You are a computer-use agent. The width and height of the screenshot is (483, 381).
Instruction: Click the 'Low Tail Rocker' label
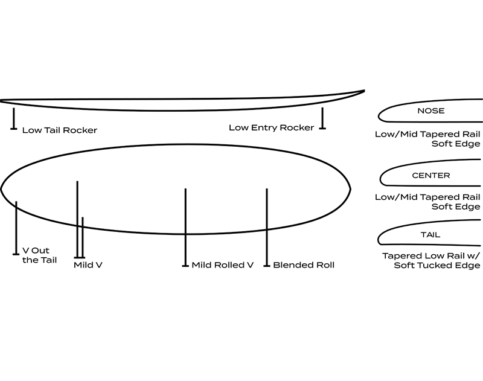(x=59, y=130)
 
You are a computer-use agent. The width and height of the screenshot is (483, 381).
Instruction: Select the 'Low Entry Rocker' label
(x=271, y=127)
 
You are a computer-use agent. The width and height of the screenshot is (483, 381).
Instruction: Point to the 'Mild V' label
(x=88, y=264)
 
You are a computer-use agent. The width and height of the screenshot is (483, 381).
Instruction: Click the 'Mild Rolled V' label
(x=222, y=264)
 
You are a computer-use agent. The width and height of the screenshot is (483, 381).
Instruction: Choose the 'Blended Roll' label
(x=304, y=264)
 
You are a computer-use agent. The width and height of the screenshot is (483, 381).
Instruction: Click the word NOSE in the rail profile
(x=430, y=111)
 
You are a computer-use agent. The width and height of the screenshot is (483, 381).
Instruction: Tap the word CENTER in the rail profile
(x=430, y=176)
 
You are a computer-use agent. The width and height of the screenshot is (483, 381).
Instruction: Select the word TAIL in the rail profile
(x=430, y=235)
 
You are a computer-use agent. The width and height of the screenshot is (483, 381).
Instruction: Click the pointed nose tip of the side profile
(x=364, y=91)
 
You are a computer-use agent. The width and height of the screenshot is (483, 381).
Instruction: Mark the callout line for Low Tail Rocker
(x=13, y=118)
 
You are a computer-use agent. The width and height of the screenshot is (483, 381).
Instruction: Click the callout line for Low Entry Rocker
(x=323, y=118)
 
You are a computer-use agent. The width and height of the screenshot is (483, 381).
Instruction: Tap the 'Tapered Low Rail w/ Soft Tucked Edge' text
(x=430, y=260)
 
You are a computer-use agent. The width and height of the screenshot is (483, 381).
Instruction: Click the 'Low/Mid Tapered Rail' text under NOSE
(x=427, y=134)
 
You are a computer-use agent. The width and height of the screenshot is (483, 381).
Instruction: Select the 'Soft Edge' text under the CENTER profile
(x=456, y=207)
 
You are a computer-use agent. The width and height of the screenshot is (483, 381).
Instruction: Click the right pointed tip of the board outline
(x=351, y=188)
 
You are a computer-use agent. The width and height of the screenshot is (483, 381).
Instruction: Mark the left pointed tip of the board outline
(x=2, y=188)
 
